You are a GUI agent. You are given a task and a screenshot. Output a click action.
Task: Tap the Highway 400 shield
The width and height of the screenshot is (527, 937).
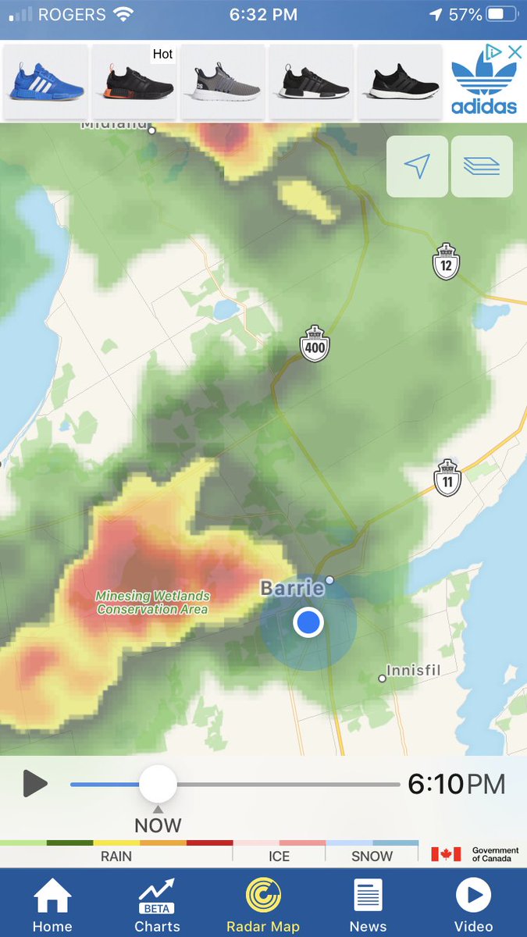[315, 344]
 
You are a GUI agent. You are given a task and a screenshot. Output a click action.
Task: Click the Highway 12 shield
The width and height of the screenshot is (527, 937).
[446, 262]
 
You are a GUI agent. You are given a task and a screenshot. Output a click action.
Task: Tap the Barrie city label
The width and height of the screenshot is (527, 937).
[292, 588]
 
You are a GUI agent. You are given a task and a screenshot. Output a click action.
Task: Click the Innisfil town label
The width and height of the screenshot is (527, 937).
[415, 671]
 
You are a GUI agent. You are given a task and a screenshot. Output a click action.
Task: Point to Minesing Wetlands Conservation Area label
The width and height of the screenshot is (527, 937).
[152, 602]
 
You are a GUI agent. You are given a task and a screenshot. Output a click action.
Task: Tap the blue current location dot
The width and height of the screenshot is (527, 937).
[308, 622]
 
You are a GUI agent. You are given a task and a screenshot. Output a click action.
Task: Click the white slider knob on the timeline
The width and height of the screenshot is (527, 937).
[158, 783]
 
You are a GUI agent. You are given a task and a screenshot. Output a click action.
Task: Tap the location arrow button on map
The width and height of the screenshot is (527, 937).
[417, 166]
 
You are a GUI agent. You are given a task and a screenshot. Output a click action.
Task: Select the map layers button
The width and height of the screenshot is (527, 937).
[482, 166]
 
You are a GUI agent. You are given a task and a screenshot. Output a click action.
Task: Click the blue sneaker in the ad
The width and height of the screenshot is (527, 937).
[46, 82]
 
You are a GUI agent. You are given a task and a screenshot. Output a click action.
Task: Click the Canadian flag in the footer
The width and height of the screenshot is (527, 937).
[446, 854]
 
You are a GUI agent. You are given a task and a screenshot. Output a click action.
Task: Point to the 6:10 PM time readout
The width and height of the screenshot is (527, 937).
[456, 783]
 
